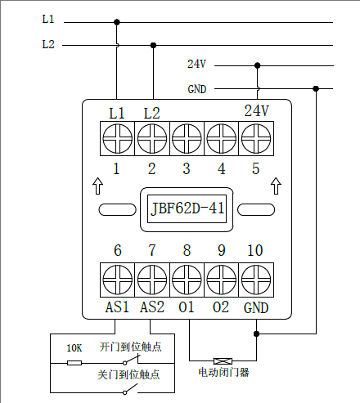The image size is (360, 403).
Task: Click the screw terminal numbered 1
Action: (x=118, y=138)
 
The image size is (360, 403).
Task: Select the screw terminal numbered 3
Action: (x=187, y=138)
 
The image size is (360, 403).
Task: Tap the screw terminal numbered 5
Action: (x=256, y=138)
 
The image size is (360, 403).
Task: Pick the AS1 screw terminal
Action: (x=118, y=280)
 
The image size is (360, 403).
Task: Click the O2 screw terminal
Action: (x=222, y=280)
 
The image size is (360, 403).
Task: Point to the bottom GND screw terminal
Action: (x=256, y=280)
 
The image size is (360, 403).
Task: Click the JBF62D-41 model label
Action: (x=187, y=208)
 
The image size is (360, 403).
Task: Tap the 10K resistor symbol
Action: (x=74, y=363)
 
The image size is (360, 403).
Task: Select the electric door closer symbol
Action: (x=223, y=361)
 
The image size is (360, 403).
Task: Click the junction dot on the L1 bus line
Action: (x=117, y=22)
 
